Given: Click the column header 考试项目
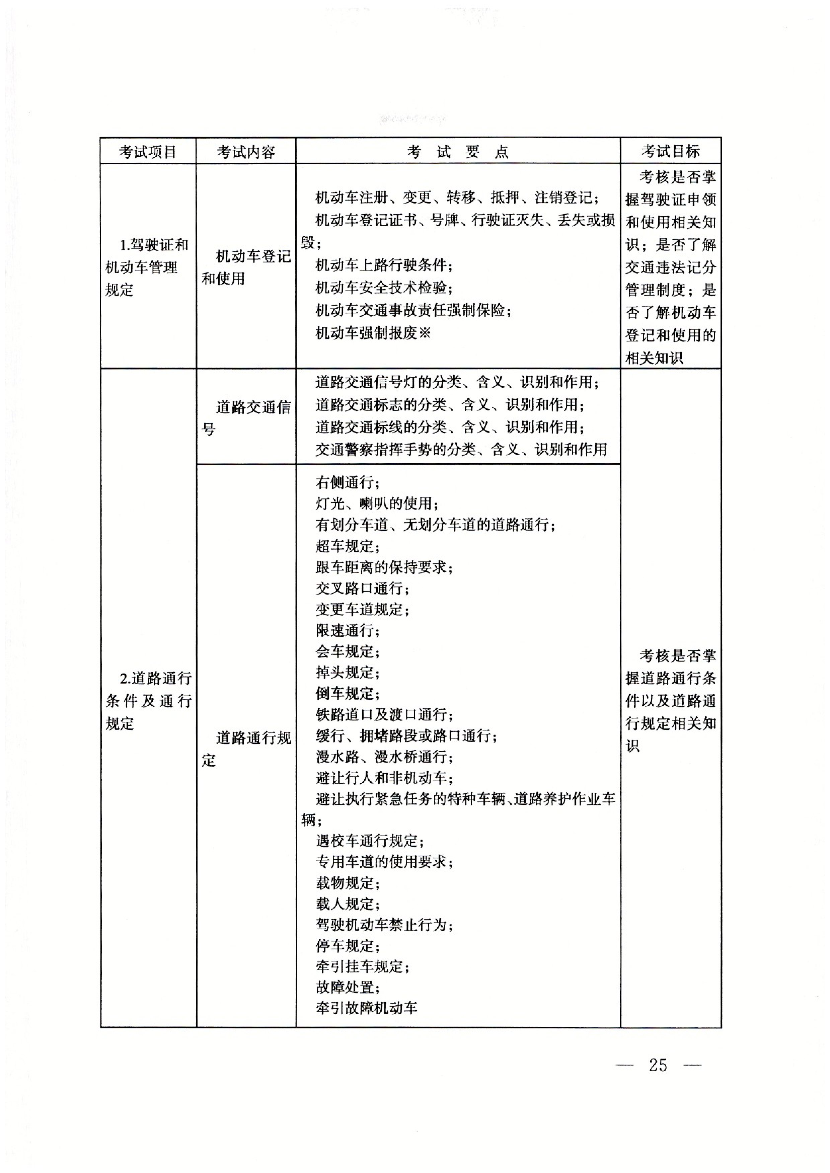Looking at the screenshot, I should click(x=147, y=152).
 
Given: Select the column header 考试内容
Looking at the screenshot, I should click(x=245, y=152).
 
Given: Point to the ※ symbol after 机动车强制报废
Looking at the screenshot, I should click(x=425, y=333).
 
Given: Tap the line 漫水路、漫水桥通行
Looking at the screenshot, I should click(x=384, y=756).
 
